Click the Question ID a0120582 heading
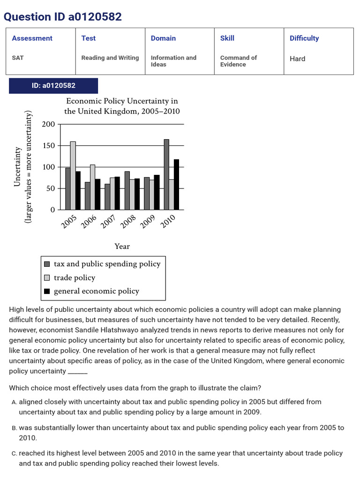[63, 17]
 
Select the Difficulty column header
[304, 38]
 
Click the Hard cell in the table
[297, 59]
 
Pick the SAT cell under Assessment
[18, 58]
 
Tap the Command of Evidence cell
[238, 61]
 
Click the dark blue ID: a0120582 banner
[53, 86]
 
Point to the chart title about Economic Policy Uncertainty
[122, 106]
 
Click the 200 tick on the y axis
[48, 124]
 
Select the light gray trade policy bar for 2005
[73, 176]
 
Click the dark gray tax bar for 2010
[166, 174]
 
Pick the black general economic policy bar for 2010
[176, 185]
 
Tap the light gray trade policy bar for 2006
[92, 187]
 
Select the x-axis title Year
[122, 247]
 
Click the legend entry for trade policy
[74, 277]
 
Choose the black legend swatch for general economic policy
[47, 291]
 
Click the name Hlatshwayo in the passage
[208, 330]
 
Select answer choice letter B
[15, 428]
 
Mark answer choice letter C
[15, 453]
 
